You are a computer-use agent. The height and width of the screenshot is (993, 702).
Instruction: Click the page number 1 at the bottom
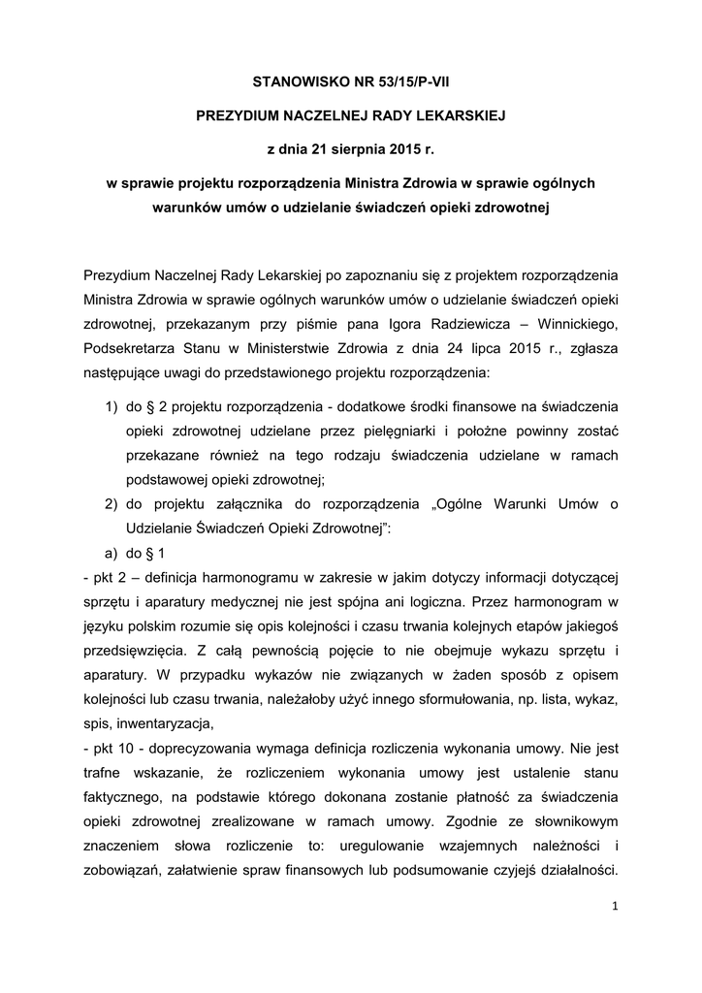[x=615, y=906]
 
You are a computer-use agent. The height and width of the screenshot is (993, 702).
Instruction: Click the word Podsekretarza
[x=133, y=346]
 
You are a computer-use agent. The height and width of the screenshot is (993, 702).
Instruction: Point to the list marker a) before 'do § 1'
[x=112, y=555]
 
